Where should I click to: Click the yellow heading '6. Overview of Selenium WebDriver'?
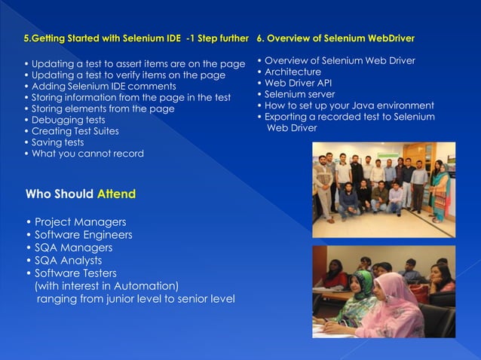click(x=335, y=38)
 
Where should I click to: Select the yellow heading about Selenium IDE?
click(x=136, y=38)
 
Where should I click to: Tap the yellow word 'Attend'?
click(x=116, y=194)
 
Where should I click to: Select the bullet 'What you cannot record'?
click(x=84, y=154)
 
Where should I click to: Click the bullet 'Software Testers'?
click(x=71, y=273)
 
